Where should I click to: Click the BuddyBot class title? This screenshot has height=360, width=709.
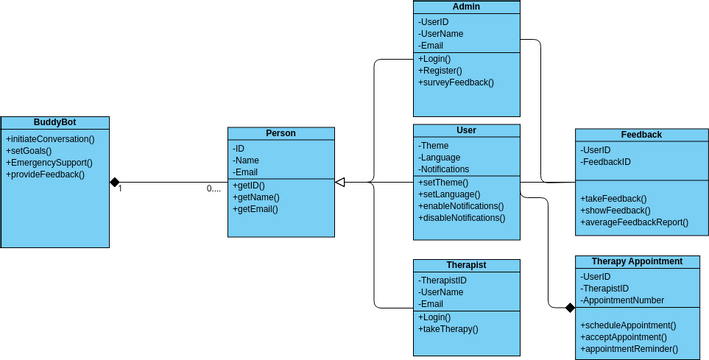(54, 122)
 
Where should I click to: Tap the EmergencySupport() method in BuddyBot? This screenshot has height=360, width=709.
(49, 162)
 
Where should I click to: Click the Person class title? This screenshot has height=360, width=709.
(280, 133)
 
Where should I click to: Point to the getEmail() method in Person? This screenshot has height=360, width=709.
(257, 209)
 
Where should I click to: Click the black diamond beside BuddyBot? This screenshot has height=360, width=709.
(115, 182)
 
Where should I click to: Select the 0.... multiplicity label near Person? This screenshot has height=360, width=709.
(214, 189)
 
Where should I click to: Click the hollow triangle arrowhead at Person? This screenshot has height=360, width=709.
(340, 182)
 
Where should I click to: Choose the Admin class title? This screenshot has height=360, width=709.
(466, 7)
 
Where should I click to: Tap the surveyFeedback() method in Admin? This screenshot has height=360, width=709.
(456, 83)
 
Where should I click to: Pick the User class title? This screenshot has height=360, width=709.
(466, 130)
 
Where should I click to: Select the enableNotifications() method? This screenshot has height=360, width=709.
(461, 205)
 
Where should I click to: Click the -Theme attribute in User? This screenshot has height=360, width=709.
(435, 145)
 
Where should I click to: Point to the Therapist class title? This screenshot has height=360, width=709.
(466, 265)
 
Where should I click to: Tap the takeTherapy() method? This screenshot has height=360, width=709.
(448, 328)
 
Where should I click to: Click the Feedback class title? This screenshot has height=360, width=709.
(641, 134)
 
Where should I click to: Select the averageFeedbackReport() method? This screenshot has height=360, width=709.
(634, 223)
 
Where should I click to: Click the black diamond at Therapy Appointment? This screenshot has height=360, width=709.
(569, 306)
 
